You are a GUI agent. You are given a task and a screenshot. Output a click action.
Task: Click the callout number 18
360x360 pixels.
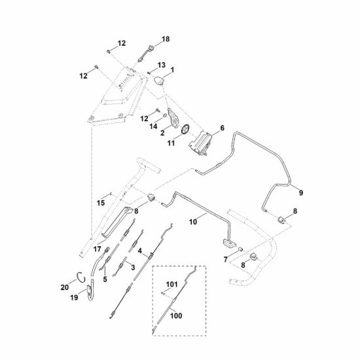point(166,39)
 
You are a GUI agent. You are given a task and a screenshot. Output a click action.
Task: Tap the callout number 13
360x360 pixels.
point(162,65)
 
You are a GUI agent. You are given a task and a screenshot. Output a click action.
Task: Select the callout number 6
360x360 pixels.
point(223,128)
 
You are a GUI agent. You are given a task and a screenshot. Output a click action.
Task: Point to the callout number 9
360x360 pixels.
point(301,192)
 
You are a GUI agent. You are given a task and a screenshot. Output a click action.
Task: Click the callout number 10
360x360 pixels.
point(193,222)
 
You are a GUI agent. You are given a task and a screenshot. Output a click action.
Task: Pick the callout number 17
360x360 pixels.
point(97,249)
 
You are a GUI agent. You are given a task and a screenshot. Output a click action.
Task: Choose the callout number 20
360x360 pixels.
point(65,287)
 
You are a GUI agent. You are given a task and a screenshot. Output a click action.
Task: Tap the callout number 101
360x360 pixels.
point(171,285)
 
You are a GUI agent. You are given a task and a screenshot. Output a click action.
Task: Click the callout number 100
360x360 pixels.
point(176,315)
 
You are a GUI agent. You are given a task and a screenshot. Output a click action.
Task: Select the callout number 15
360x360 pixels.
point(101,203)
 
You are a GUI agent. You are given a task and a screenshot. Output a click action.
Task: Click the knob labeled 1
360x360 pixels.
point(158,81)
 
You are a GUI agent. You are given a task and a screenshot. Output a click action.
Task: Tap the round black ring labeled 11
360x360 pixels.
point(185,129)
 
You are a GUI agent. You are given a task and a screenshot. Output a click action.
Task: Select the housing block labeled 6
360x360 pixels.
point(200,143)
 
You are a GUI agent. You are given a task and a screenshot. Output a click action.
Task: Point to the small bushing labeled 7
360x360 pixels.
point(241,249)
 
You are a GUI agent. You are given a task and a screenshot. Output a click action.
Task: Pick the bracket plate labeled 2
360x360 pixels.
point(173,118)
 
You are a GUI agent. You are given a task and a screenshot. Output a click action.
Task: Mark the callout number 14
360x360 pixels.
point(153,126)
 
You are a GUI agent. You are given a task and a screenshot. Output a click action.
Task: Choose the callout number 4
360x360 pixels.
point(140,251)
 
